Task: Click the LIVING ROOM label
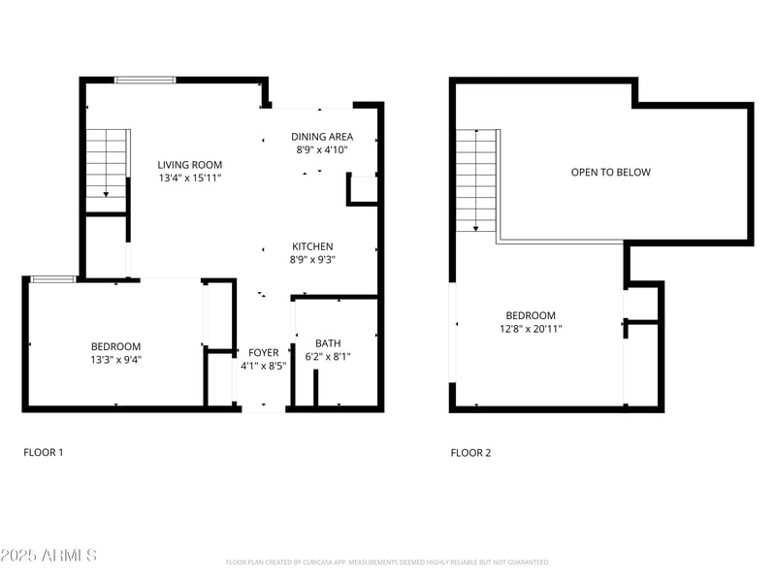point(190,165)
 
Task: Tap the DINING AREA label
point(322,137)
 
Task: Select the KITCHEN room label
point(311,246)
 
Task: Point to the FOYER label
point(264,352)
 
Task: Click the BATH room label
point(328,342)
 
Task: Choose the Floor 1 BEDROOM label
point(115,346)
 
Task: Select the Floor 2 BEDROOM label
point(531,315)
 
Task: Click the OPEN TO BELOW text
point(610,172)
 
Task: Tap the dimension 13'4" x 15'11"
point(190,178)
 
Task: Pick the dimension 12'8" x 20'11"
point(531,329)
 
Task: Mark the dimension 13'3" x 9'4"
point(115,360)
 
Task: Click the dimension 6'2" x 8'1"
point(328,356)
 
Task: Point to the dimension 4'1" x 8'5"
point(264,366)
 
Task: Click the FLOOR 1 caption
point(43,452)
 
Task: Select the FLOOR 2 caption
point(470,452)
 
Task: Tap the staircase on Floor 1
point(107,163)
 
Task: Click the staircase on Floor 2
point(477,179)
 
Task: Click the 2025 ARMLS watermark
point(48,555)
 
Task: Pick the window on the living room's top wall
point(145,80)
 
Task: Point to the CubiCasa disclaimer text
point(388,562)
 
